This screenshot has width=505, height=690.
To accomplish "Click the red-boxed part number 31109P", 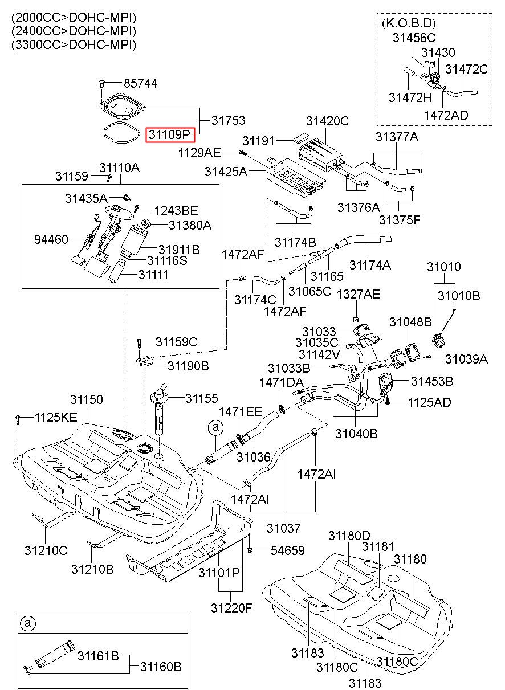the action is [x=170, y=134].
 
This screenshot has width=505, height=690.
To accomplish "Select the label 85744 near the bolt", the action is [x=141, y=84].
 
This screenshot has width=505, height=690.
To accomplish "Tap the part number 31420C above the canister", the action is [x=327, y=121].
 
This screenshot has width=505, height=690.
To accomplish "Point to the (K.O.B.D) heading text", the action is [x=409, y=23].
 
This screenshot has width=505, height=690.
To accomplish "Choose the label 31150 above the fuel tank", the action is [x=86, y=399].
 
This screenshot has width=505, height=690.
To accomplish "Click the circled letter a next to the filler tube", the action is [x=215, y=427].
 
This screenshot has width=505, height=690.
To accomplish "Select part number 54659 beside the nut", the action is [x=287, y=550].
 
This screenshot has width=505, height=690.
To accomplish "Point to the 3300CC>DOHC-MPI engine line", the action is [x=74, y=44].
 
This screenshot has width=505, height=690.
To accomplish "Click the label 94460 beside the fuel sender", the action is [x=51, y=239].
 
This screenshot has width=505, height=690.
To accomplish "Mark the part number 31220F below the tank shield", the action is [x=231, y=608].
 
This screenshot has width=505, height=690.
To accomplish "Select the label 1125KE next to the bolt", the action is [x=56, y=418].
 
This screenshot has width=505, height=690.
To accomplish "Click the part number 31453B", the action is [x=432, y=381].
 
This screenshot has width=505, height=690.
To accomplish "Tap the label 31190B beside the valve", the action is [x=188, y=366].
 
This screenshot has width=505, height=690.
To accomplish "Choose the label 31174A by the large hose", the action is [x=370, y=265].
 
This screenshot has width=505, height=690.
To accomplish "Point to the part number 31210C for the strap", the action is [x=46, y=550].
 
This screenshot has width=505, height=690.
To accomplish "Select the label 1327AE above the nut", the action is [x=359, y=294].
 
